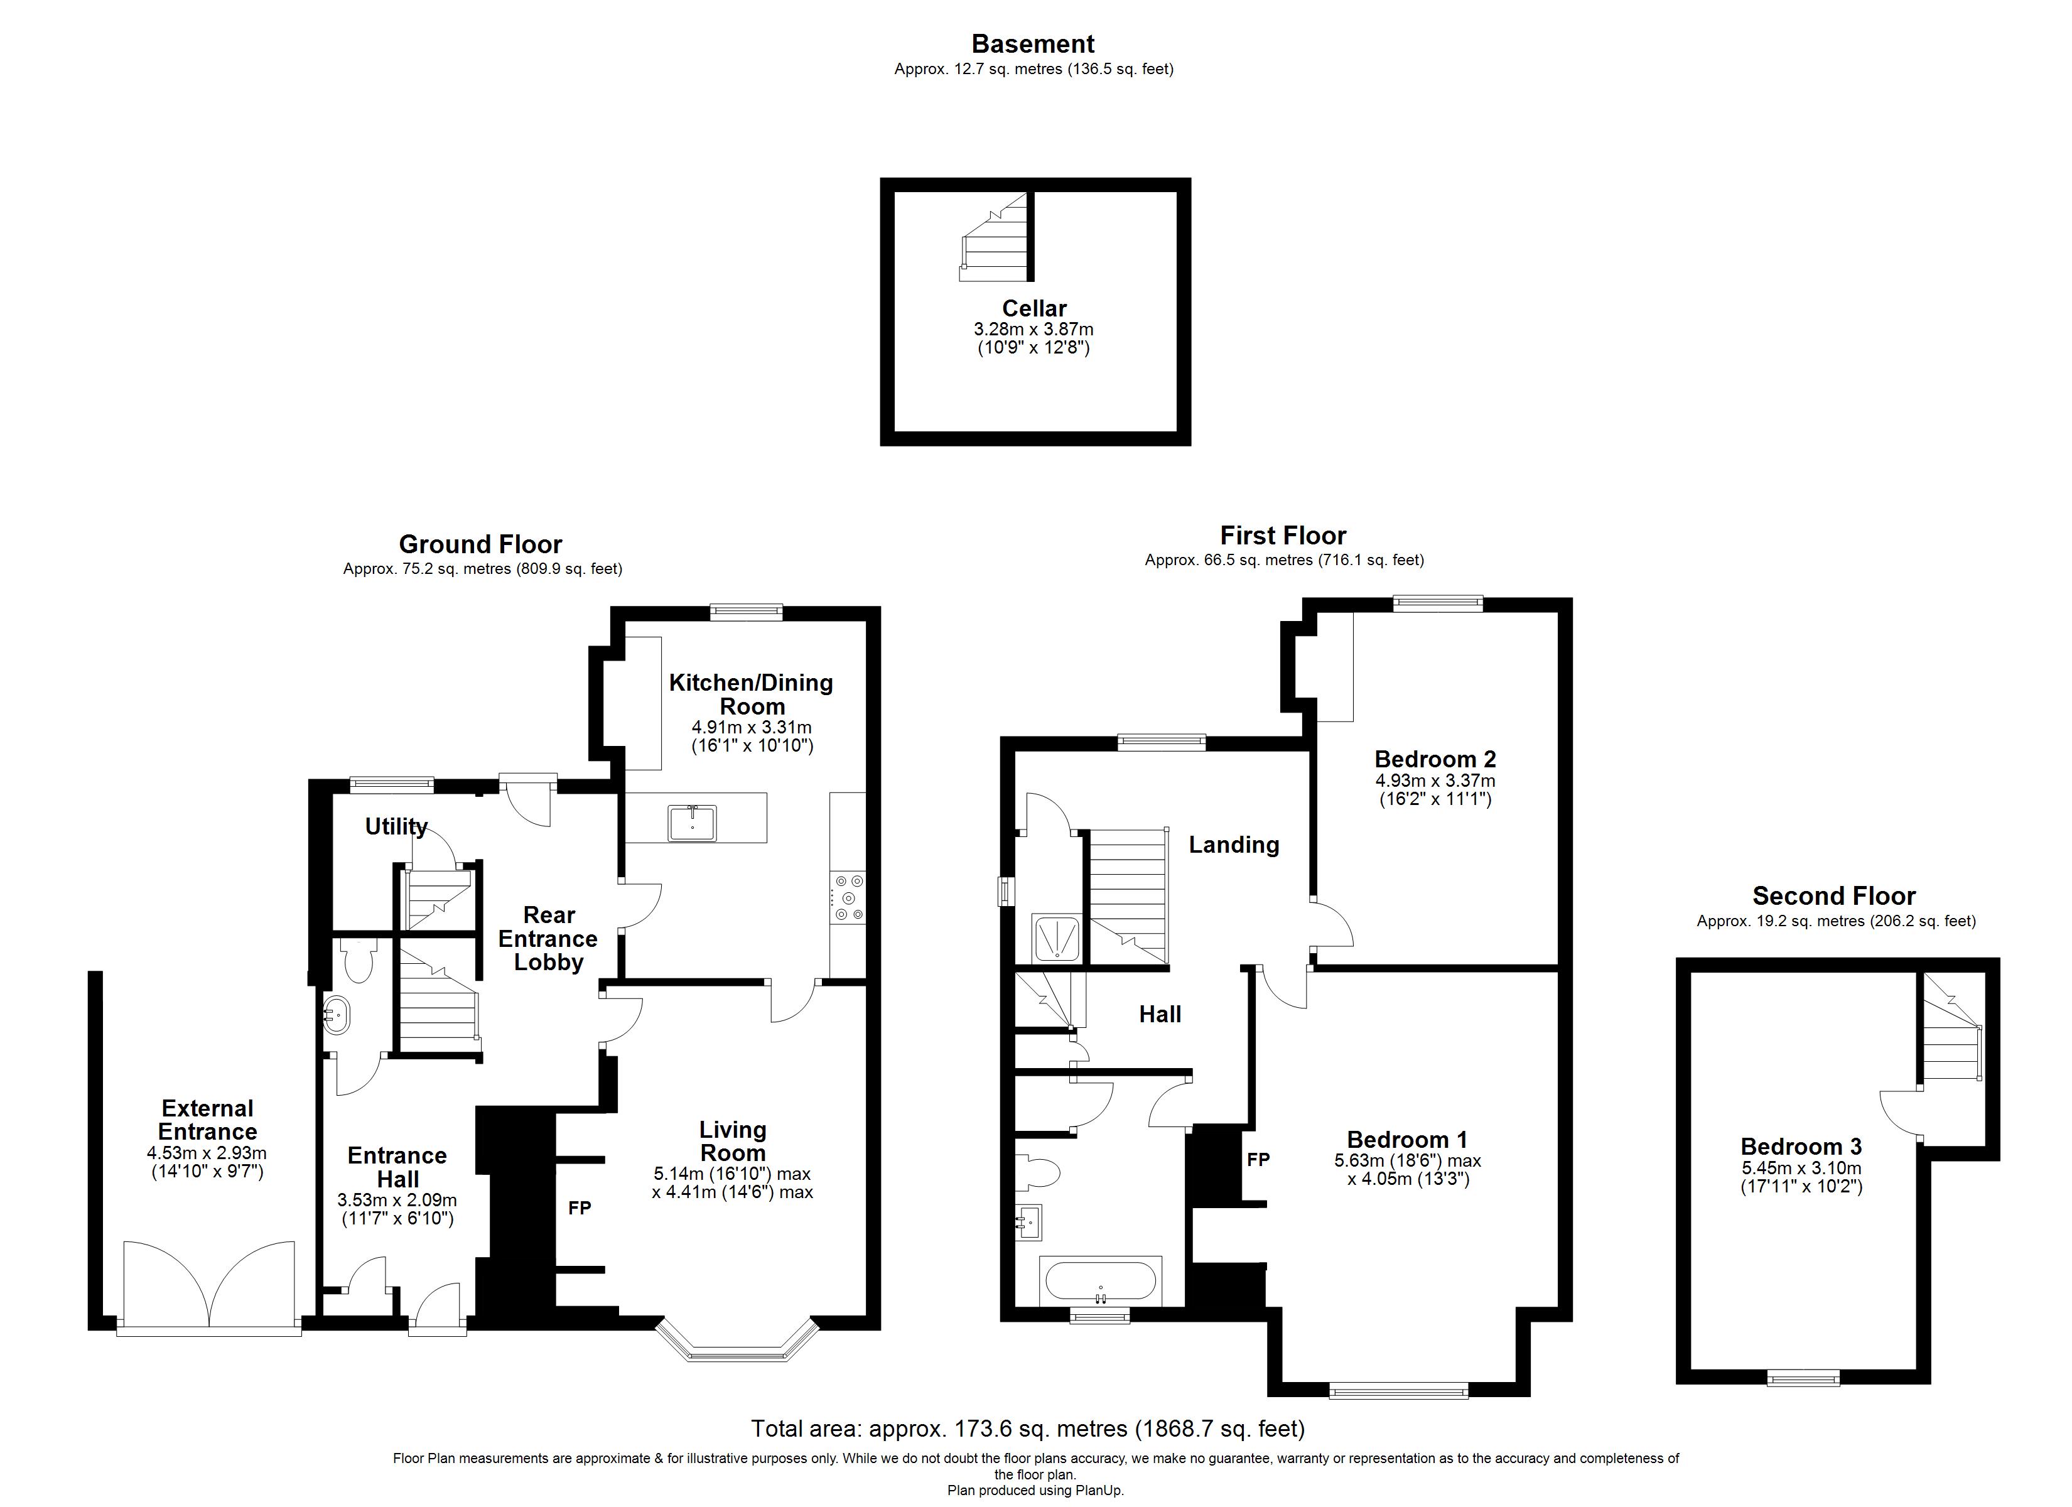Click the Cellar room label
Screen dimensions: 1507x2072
(x=1033, y=308)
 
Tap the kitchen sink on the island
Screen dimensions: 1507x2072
(x=693, y=821)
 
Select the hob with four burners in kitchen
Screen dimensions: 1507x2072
(x=848, y=899)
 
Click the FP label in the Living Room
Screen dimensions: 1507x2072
(x=579, y=1208)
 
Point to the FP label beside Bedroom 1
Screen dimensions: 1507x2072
(x=1258, y=1159)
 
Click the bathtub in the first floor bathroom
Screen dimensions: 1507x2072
(x=1101, y=1280)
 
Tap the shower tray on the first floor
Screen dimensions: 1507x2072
(x=1057, y=937)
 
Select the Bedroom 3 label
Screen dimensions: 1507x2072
(x=1801, y=1146)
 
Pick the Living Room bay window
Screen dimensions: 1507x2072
(x=737, y=1348)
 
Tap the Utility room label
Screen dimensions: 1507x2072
(x=396, y=826)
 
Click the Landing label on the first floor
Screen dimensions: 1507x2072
(x=1233, y=845)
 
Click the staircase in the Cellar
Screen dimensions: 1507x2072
(x=996, y=239)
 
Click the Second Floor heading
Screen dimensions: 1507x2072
(x=1833, y=895)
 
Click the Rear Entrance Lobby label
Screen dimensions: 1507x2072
(x=548, y=939)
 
